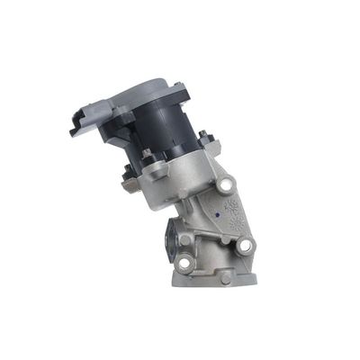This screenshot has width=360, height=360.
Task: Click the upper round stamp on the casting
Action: pos(230,205)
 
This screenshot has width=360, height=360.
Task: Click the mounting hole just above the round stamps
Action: pos(224,184)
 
